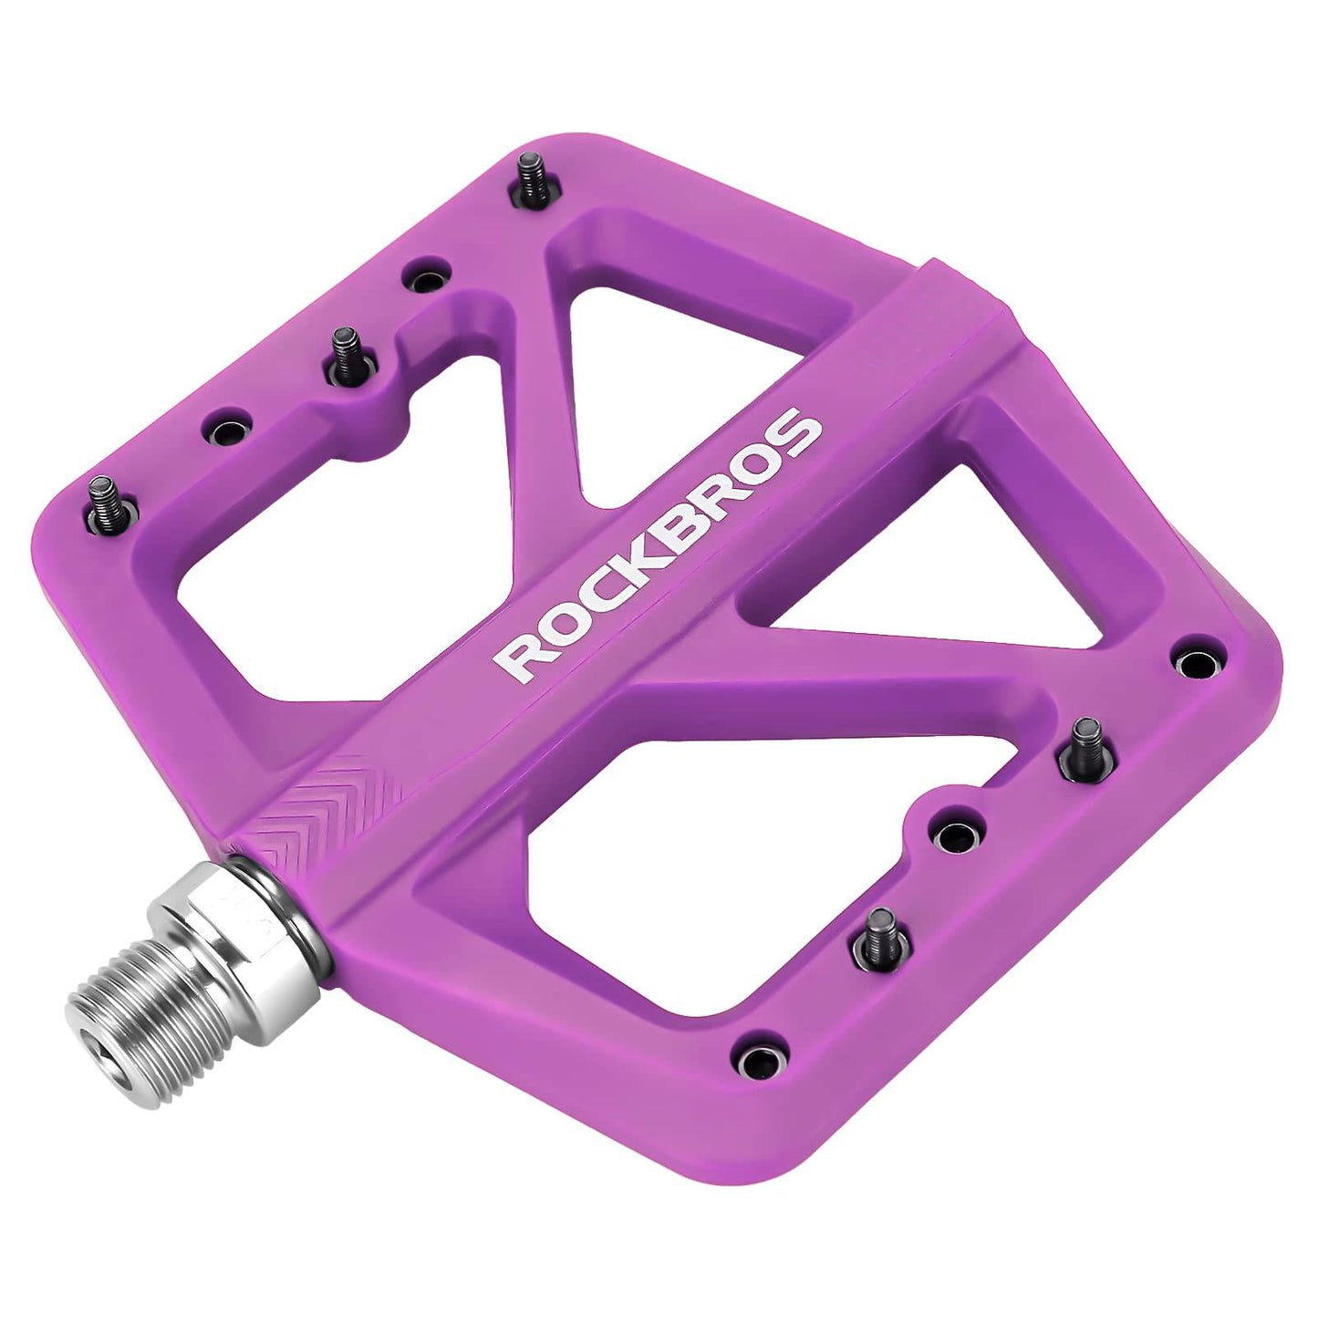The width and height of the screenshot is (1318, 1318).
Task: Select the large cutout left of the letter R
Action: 347,556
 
